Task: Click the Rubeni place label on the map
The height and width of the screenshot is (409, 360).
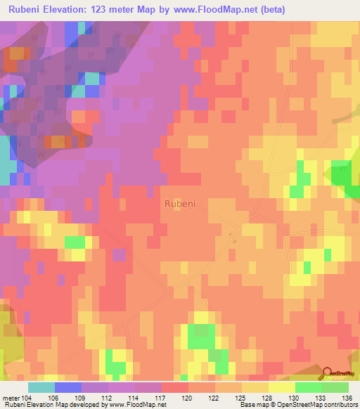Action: coord(180,203)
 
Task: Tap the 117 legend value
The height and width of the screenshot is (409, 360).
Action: coord(161,397)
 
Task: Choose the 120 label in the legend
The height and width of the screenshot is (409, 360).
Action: coord(188,397)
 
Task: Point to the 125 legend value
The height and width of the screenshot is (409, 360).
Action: coord(241,397)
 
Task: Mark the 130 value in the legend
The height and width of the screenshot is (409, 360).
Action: coord(295,397)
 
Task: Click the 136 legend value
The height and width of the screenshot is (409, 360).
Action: coord(347,397)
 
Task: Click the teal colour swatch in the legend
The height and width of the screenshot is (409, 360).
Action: coord(41,387)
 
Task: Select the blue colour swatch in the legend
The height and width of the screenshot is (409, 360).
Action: coord(68,387)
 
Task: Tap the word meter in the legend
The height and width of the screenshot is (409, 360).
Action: coord(11,397)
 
